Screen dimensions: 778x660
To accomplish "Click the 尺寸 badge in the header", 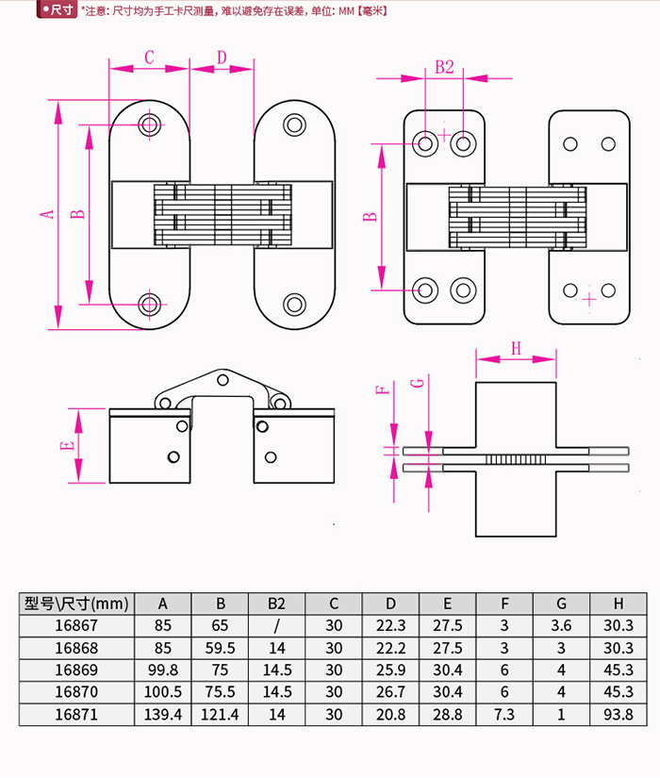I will (x=59, y=10).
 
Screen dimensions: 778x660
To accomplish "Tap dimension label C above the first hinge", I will (x=149, y=57).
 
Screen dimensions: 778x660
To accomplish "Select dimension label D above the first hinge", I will (x=222, y=57).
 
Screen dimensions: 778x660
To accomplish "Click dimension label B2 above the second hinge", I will (x=444, y=67).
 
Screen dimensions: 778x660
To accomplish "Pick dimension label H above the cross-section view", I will (x=516, y=348).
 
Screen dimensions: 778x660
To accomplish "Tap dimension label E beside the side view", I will (x=65, y=445).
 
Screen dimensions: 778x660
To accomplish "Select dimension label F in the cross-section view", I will (x=382, y=389).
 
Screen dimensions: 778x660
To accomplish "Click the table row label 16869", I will (x=76, y=670).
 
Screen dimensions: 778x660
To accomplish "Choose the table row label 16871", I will (x=76, y=715).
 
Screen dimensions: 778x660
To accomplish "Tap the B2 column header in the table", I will (x=276, y=604).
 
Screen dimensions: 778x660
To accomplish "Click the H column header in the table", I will (x=619, y=604).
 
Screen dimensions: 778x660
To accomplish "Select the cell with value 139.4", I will (x=163, y=715).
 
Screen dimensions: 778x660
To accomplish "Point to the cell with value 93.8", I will (x=619, y=715).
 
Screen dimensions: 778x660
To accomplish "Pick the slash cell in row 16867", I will (x=276, y=626).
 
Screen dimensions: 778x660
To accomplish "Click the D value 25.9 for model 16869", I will (x=390, y=670).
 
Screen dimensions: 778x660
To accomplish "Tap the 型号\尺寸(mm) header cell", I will (x=76, y=604).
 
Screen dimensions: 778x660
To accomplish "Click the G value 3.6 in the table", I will (x=561, y=626).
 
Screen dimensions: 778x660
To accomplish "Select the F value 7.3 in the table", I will (x=504, y=715).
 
